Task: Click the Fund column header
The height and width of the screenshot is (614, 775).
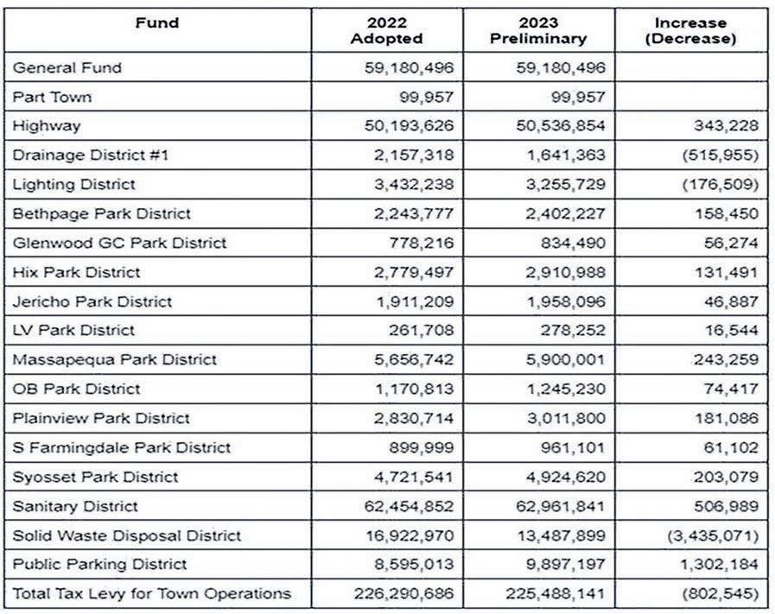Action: coord(156,23)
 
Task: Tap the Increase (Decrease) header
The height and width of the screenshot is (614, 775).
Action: coord(690,30)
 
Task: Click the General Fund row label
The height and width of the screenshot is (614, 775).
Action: coord(67,67)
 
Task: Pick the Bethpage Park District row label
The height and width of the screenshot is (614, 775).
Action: coord(101,214)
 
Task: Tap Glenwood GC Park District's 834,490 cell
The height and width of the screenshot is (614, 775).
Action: coord(569,244)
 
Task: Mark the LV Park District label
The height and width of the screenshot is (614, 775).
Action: coord(73,331)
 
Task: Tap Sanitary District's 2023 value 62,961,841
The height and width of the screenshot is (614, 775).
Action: coord(558,507)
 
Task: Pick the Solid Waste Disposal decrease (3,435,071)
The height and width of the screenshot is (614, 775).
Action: coord(713,536)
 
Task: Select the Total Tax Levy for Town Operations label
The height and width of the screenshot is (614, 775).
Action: coord(151,594)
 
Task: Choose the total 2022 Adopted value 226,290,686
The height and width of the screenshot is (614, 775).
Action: coord(404,594)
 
